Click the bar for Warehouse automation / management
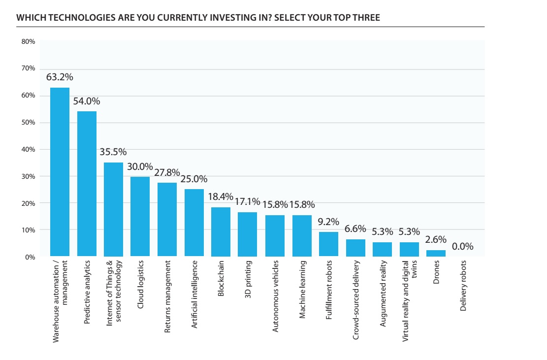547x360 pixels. (60, 172)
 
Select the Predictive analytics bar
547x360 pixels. (87, 184)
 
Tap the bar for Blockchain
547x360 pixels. (221, 232)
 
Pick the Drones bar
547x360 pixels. (436, 253)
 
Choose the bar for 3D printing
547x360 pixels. (248, 234)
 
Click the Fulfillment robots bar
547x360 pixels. (328, 244)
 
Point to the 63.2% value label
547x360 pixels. (60, 77)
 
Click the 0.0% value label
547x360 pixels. (462, 246)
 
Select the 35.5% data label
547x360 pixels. (113, 152)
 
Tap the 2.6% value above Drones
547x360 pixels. (436, 240)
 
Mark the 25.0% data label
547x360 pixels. (194, 179)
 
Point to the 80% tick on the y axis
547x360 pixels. (28, 42)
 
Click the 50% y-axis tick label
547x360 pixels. (28, 123)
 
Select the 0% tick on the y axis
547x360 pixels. (30, 257)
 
